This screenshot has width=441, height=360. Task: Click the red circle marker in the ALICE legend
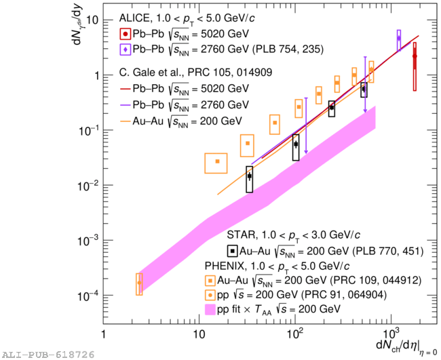tap(126, 34)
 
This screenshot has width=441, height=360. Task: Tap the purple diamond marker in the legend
tap(126, 49)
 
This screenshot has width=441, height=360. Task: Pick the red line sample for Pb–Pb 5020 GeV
tap(126, 89)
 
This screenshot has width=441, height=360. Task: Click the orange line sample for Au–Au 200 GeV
tap(126, 121)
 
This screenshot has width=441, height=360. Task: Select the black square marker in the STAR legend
tap(233, 251)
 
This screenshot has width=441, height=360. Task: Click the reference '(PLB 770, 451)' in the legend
tap(389, 252)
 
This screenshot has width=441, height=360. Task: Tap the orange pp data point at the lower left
tap(139, 283)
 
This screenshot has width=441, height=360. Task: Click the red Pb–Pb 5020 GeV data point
tap(415, 57)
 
